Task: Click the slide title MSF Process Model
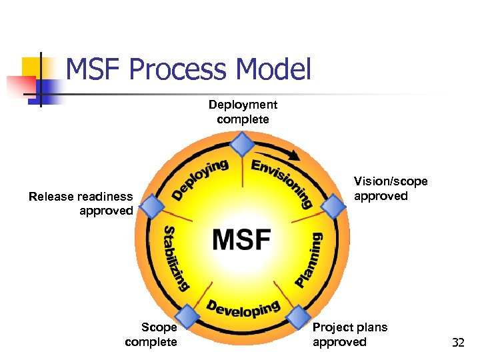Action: (189, 69)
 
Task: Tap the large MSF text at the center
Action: (241, 239)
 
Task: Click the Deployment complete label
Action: (243, 112)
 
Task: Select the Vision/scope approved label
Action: (391, 189)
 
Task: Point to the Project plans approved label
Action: (350, 335)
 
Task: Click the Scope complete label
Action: (151, 335)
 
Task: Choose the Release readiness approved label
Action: (81, 203)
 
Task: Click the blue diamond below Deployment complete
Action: (242, 144)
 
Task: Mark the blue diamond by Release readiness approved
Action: (153, 206)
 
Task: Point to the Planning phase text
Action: (309, 259)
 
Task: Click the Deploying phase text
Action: (201, 178)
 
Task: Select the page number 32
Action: (458, 343)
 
